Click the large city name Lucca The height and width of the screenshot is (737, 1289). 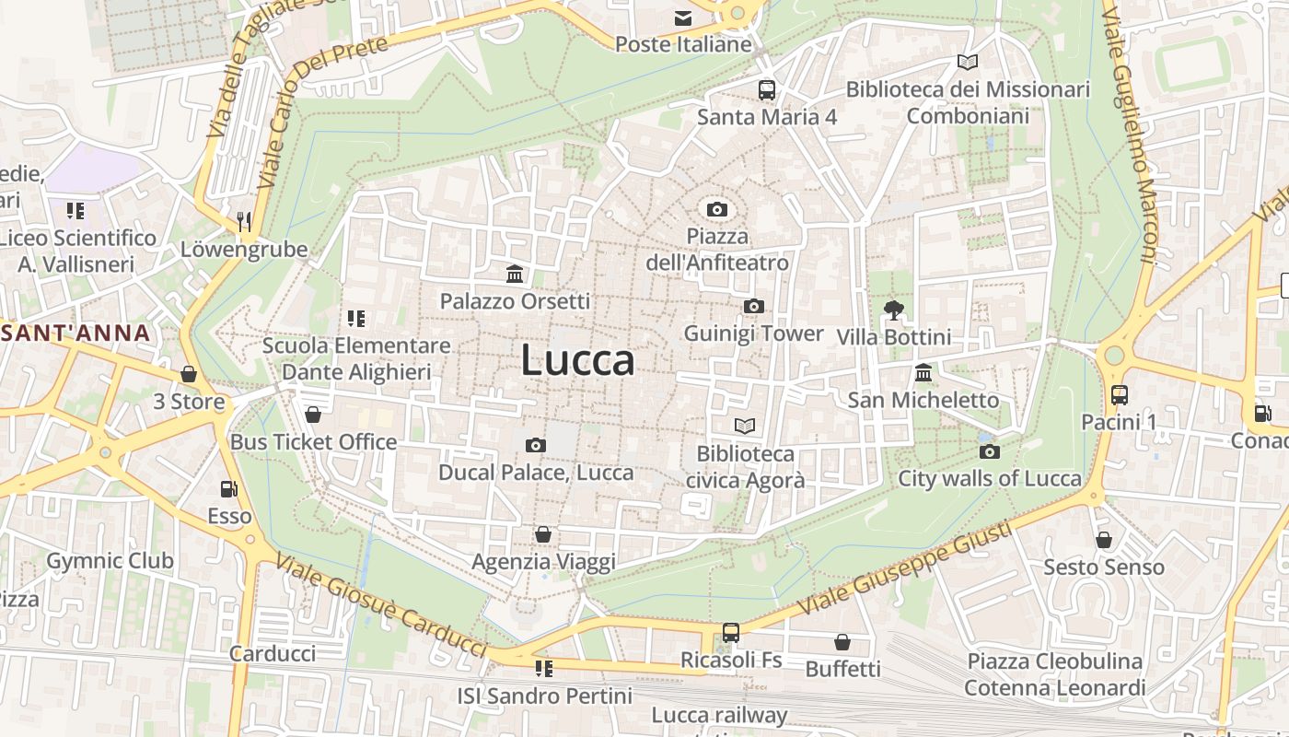(577, 360)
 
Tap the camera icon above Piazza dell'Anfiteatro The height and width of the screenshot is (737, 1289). (717, 210)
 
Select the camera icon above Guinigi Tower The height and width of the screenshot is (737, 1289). (753, 306)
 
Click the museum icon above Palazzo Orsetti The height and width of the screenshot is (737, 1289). (515, 275)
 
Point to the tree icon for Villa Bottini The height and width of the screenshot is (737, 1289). (892, 310)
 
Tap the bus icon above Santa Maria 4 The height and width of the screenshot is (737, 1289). (766, 90)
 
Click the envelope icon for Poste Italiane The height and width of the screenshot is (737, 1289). (683, 18)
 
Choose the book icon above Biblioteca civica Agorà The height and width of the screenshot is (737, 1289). (745, 426)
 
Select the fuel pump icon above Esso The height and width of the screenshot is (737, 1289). (228, 489)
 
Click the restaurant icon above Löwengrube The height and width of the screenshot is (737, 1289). (243, 221)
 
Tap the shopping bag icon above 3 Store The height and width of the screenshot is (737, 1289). (189, 374)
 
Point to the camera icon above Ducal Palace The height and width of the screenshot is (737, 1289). (535, 446)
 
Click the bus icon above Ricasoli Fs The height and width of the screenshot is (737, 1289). (730, 633)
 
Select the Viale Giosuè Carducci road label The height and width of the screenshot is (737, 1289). (381, 606)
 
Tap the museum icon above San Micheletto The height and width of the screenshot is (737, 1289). (923, 373)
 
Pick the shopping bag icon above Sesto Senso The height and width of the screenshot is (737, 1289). (1103, 540)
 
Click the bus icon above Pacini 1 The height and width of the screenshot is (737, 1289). (1119, 395)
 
